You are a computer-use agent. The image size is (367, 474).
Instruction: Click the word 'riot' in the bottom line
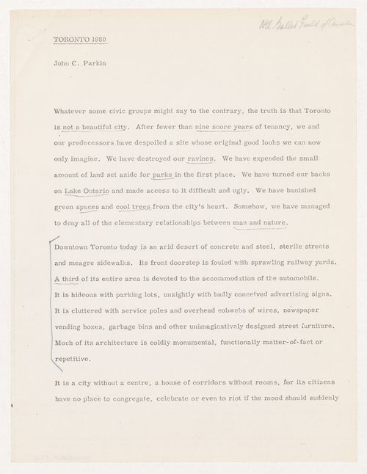pyautogui.click(x=257, y=399)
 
